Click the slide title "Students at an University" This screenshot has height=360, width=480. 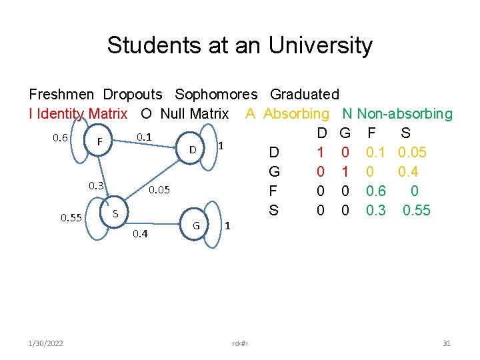pyautogui.click(x=239, y=45)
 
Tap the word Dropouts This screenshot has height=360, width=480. pyautogui.click(x=133, y=95)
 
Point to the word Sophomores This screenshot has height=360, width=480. pyautogui.click(x=215, y=95)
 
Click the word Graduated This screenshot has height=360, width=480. pyautogui.click(x=305, y=95)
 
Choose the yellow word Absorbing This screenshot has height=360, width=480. pyautogui.click(x=296, y=114)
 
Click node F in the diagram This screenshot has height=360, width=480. pyautogui.click(x=99, y=141)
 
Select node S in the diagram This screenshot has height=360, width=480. pyautogui.click(x=115, y=214)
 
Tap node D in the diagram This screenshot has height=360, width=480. pyautogui.click(x=192, y=149)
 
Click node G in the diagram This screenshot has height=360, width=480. pyautogui.click(x=196, y=225)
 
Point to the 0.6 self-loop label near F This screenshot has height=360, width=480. pyautogui.click(x=60, y=138)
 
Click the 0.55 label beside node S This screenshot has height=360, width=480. pyautogui.click(x=71, y=217)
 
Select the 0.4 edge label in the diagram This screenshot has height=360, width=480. pyautogui.click(x=140, y=234)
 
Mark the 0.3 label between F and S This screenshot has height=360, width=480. pyautogui.click(x=97, y=186)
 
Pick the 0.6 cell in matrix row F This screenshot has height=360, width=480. pyautogui.click(x=377, y=191)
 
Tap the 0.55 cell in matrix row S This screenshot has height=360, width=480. pyautogui.click(x=417, y=211)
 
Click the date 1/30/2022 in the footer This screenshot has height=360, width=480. pyautogui.click(x=47, y=343)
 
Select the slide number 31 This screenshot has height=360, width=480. pyautogui.click(x=447, y=343)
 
